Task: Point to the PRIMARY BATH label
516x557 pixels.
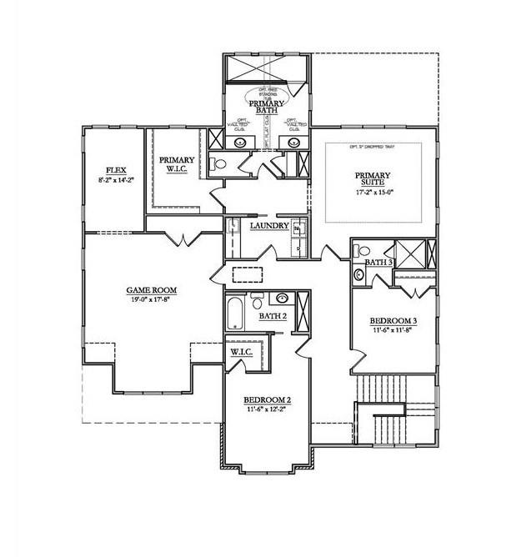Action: click(x=267, y=107)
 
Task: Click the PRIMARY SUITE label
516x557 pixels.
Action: click(x=373, y=181)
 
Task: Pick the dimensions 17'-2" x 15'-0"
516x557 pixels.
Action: click(x=373, y=193)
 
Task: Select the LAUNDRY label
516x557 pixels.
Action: click(x=269, y=226)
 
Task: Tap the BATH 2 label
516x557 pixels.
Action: click(x=273, y=317)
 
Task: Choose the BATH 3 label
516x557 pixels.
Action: click(x=378, y=263)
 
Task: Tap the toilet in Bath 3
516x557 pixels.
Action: click(x=359, y=273)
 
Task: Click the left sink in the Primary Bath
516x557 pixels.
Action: click(x=241, y=143)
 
